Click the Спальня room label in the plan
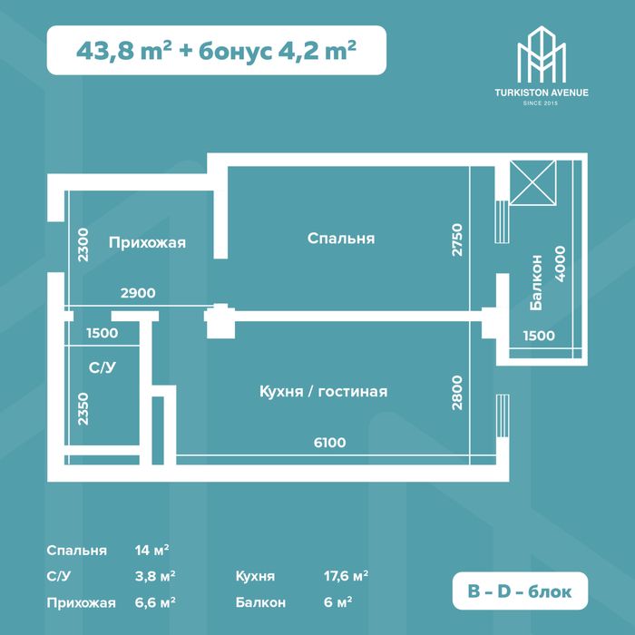[341, 239]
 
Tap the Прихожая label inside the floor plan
[147, 242]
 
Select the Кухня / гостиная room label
[323, 392]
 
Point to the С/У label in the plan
[102, 367]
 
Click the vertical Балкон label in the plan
[536, 283]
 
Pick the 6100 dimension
[329, 443]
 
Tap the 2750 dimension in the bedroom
[457, 239]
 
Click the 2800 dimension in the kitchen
[457, 393]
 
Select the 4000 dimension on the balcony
[560, 264]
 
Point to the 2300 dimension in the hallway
[83, 245]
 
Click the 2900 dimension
[138, 293]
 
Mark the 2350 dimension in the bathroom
[83, 408]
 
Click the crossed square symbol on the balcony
[532, 182]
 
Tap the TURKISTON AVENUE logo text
[541, 93]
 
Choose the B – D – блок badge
[520, 591]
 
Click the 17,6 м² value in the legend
[346, 576]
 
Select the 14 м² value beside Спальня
[151, 550]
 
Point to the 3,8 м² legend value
[155, 576]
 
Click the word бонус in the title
[235, 52]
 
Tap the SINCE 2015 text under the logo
[541, 103]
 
